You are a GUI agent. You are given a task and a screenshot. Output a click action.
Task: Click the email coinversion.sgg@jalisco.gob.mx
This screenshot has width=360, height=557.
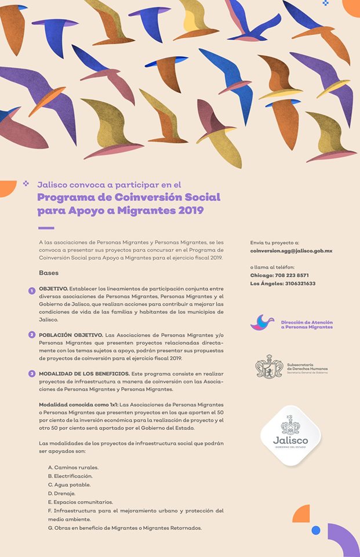pyautogui.click(x=291, y=251)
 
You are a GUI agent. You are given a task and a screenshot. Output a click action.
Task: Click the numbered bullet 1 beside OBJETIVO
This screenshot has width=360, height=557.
pyautogui.click(x=32, y=290)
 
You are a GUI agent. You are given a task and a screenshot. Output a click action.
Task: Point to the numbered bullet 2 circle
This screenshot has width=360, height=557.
pyautogui.click(x=32, y=335)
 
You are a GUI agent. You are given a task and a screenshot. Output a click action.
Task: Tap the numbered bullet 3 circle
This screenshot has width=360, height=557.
pyautogui.click(x=32, y=373)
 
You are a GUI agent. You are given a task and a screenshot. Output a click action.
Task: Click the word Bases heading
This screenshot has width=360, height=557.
pyautogui.click(x=49, y=273)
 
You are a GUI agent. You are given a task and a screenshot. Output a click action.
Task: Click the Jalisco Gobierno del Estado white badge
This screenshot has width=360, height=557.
pyautogui.click(x=290, y=435)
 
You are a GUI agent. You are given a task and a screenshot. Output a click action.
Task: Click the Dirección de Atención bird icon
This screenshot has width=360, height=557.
pyautogui.click(x=262, y=323)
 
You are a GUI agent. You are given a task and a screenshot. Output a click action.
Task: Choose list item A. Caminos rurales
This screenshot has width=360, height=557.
pyautogui.click(x=73, y=467)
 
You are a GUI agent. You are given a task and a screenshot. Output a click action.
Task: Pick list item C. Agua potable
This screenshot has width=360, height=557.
pyautogui.click(x=69, y=484)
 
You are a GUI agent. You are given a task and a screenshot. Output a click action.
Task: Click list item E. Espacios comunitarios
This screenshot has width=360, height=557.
pyautogui.click(x=80, y=502)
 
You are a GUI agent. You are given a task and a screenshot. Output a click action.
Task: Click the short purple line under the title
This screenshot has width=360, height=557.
pyautogui.click(x=46, y=227)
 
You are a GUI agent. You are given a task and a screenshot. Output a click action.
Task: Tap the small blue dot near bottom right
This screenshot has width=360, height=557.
pyautogui.click(x=316, y=530)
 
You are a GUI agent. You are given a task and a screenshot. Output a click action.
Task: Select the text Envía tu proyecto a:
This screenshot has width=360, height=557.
pyautogui.click(x=274, y=242)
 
